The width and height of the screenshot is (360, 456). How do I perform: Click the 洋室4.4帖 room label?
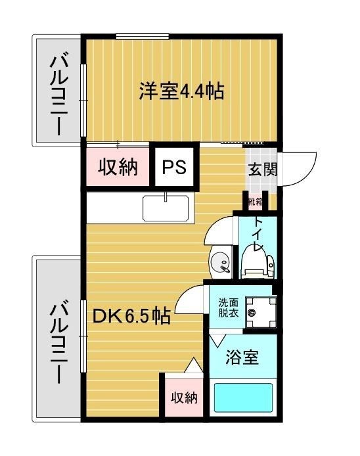pyautogui.click(x=181, y=90)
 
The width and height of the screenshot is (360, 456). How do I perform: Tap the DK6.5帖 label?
pyautogui.click(x=131, y=317)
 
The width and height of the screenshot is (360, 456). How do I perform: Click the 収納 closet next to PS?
pyautogui.click(x=118, y=167)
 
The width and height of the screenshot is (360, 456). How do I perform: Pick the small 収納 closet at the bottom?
pyautogui.click(x=184, y=398)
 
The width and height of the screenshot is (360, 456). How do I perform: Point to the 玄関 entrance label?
pyautogui.click(x=262, y=170)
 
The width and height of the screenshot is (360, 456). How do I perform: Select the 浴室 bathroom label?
pyautogui.click(x=242, y=358)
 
